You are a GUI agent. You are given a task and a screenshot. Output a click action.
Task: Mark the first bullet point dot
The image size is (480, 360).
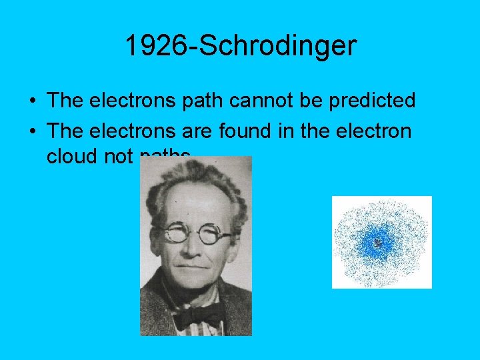[32, 102]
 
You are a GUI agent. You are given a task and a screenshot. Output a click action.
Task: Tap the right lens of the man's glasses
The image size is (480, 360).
[215, 236]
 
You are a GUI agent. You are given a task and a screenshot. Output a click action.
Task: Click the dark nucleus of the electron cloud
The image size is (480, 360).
[378, 243]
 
